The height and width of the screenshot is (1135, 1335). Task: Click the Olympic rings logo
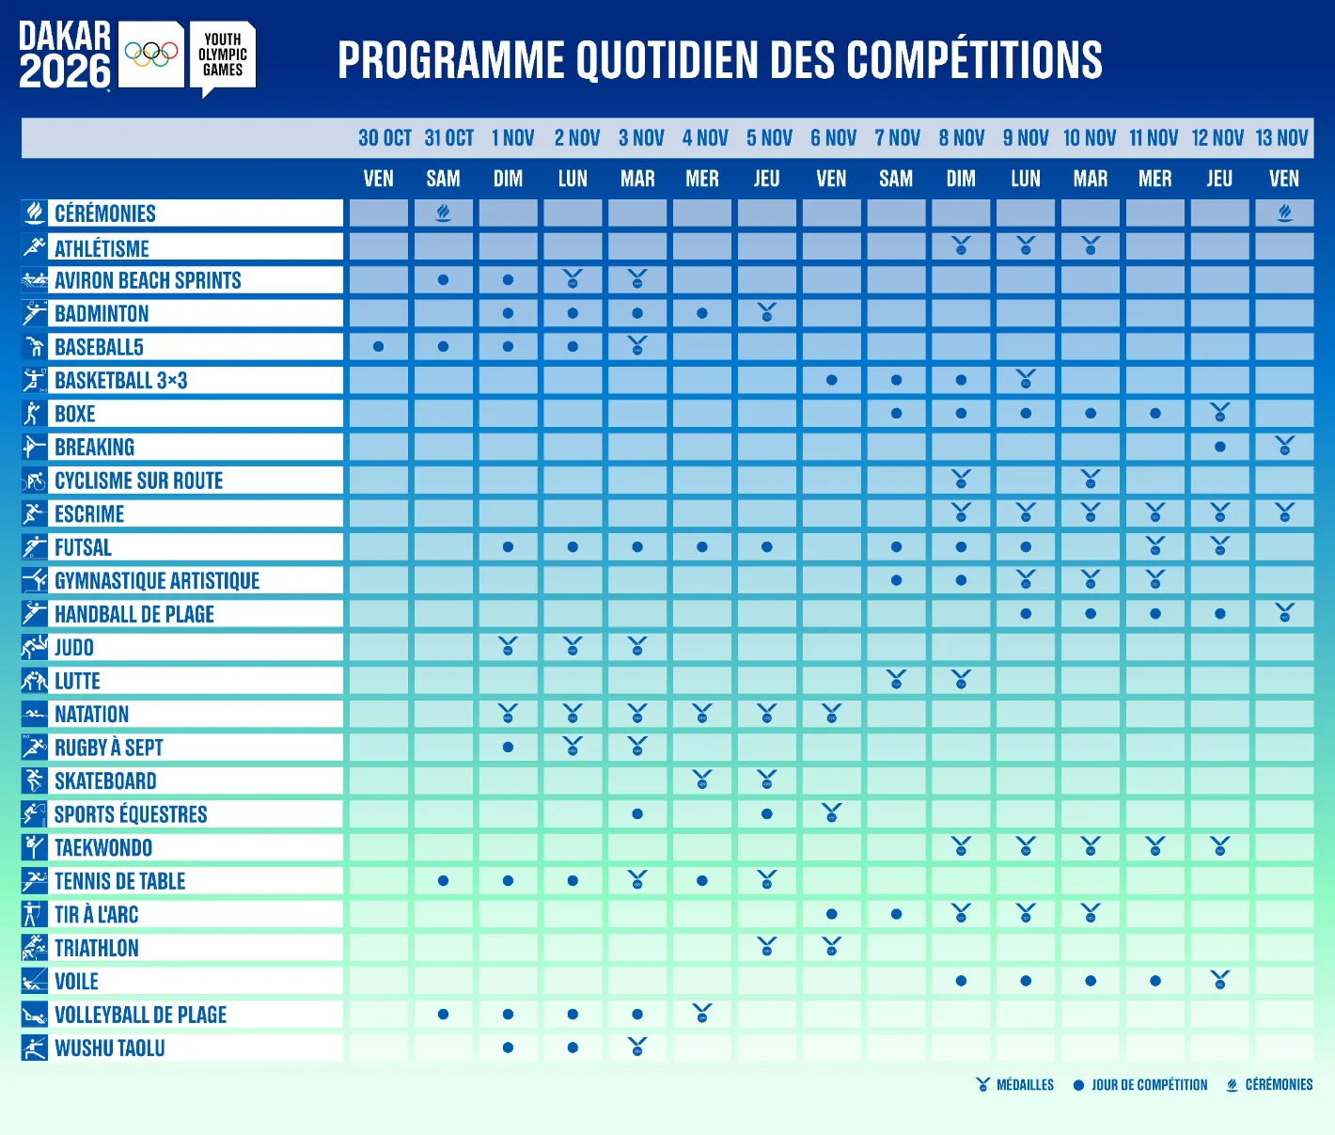[x=151, y=55]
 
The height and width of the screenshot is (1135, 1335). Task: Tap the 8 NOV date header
[x=961, y=137]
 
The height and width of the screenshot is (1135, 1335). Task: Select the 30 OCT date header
[x=385, y=137]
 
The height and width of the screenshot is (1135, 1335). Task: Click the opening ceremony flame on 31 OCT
[x=443, y=213]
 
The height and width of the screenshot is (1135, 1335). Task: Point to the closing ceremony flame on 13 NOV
[x=1284, y=213]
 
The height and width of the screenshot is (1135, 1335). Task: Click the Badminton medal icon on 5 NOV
[x=766, y=312]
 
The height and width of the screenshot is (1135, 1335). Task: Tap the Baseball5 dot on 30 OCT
[x=379, y=347]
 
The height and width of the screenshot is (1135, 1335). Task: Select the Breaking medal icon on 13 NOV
[x=1284, y=446]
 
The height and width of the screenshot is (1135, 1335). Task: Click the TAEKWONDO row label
[x=103, y=847]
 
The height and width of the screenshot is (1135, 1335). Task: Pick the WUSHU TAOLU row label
[x=110, y=1048]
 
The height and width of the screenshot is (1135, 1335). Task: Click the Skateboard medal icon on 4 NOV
[x=702, y=780]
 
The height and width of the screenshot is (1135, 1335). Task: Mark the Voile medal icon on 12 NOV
[x=1220, y=980]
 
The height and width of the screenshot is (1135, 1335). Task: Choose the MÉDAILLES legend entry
[x=1015, y=1085]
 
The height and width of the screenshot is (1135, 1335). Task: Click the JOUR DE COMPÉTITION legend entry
[x=1140, y=1085]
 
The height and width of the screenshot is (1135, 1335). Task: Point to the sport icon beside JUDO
[x=34, y=647]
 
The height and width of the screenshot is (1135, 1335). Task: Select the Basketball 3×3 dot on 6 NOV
[x=831, y=381]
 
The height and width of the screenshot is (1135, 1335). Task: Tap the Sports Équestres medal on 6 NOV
[x=831, y=813]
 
